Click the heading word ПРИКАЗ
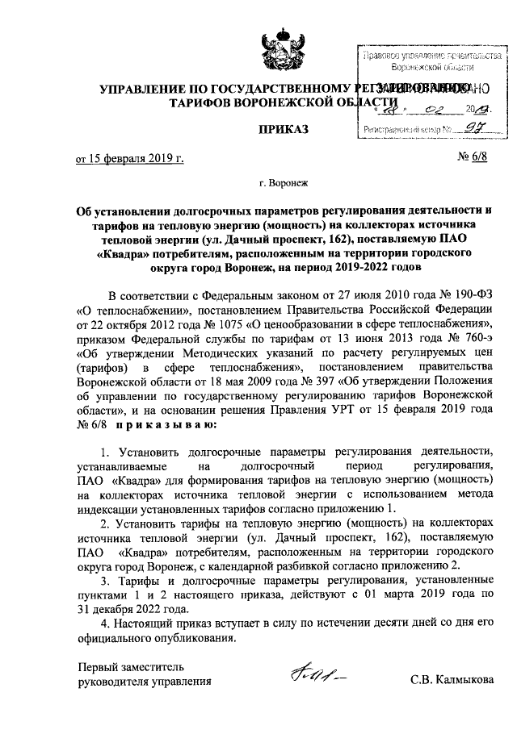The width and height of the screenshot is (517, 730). [x=281, y=129]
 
